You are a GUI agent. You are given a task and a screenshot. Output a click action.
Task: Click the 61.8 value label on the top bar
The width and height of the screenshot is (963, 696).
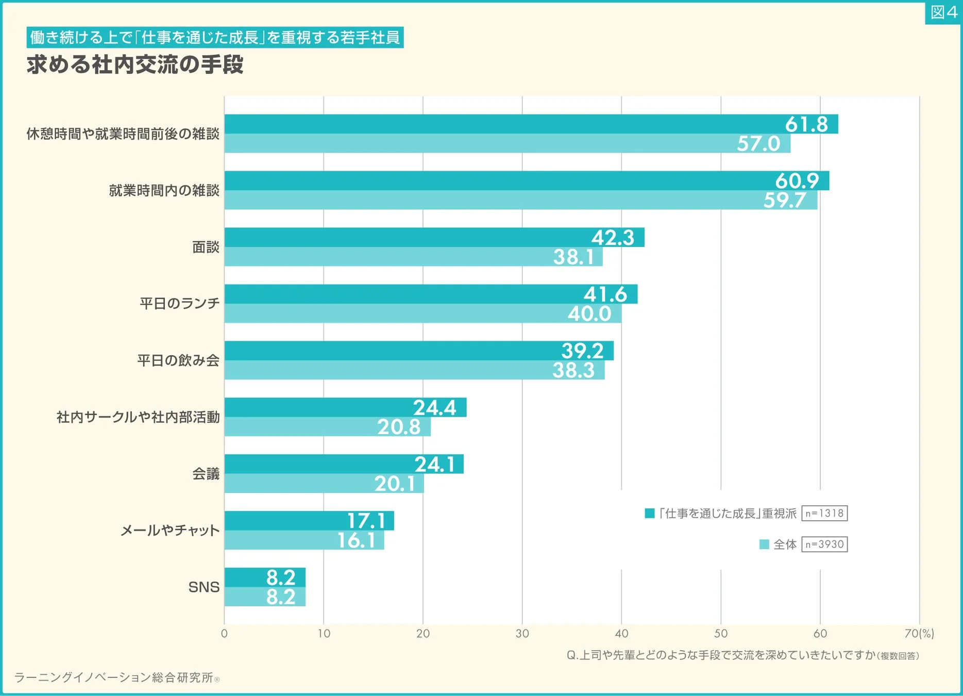(x=806, y=124)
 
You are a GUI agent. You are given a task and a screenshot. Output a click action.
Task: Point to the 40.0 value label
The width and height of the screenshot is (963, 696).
(x=589, y=313)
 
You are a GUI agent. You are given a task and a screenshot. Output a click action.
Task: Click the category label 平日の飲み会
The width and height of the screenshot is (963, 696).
(x=178, y=360)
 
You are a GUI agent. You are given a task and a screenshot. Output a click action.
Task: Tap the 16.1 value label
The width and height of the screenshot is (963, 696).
(x=357, y=540)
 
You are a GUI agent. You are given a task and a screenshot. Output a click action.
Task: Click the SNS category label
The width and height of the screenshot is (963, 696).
(x=204, y=587)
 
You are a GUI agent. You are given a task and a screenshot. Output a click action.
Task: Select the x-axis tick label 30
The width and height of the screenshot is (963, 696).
(x=522, y=634)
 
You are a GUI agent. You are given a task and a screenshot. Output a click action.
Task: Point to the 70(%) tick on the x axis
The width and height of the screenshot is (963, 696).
(x=919, y=634)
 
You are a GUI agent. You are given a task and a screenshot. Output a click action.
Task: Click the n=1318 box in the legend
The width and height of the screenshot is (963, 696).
(x=824, y=513)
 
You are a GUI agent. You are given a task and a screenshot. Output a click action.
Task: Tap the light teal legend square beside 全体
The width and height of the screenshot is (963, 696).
(x=764, y=544)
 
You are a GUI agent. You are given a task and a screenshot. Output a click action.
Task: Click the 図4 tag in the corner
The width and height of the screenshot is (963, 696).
(x=943, y=12)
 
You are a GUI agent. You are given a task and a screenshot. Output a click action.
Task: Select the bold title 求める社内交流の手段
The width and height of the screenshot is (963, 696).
(x=135, y=65)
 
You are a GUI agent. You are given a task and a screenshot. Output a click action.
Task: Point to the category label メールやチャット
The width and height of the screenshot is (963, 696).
(x=170, y=530)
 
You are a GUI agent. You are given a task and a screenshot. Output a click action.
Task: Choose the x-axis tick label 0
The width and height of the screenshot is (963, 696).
(x=224, y=634)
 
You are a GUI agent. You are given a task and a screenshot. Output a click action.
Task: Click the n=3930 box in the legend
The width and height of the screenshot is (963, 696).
(x=824, y=544)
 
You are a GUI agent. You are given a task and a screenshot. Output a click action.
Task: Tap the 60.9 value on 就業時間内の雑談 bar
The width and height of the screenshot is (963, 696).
(x=797, y=181)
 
